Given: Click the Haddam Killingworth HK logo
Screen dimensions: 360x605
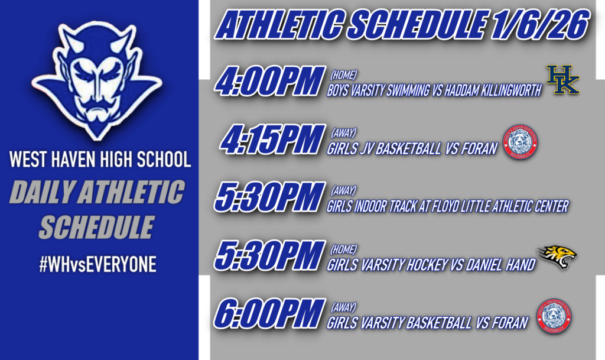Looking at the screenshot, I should pyautogui.click(x=562, y=80).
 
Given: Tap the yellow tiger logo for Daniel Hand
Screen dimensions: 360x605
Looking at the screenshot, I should pyautogui.click(x=557, y=257).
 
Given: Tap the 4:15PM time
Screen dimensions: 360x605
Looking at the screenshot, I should pyautogui.click(x=273, y=140).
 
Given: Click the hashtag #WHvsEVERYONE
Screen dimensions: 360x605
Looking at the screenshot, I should pyautogui.click(x=97, y=265).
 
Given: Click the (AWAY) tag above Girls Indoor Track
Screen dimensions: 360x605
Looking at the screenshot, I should pyautogui.click(x=343, y=190).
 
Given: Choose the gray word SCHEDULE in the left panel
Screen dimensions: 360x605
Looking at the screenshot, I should pyautogui.click(x=97, y=227).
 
